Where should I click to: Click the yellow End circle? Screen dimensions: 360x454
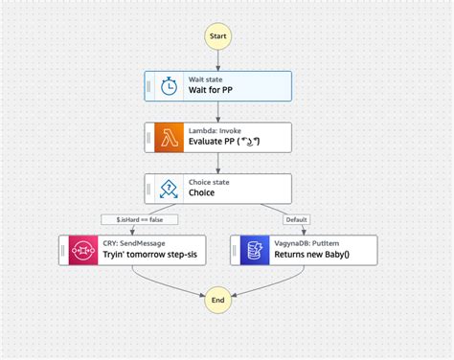[x=217, y=301]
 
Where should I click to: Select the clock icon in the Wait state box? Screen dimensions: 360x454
[x=169, y=85]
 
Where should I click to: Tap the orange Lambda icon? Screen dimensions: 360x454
[x=169, y=137]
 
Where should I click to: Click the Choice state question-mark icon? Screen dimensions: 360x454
[x=169, y=189]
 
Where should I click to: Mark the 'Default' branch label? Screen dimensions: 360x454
[x=296, y=219]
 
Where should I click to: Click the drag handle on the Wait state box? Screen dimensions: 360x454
[x=149, y=85]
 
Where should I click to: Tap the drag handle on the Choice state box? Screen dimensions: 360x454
[x=149, y=189]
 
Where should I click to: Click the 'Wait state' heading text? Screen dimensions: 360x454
[x=207, y=79]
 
